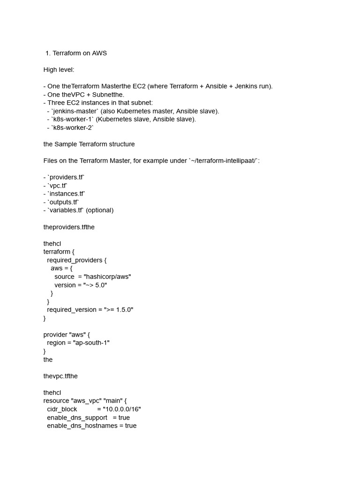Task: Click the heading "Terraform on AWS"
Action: pyautogui.click(x=80, y=53)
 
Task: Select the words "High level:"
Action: pyautogui.click(x=59, y=69)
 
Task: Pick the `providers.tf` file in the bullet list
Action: pyautogui.click(x=66, y=177)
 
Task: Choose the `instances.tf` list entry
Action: pyautogui.click(x=67, y=194)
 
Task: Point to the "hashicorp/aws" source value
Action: pyautogui.click(x=107, y=277)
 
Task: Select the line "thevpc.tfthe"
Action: pyautogui.click(x=63, y=376)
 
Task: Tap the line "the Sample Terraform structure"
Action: pyautogui.click(x=89, y=144)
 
